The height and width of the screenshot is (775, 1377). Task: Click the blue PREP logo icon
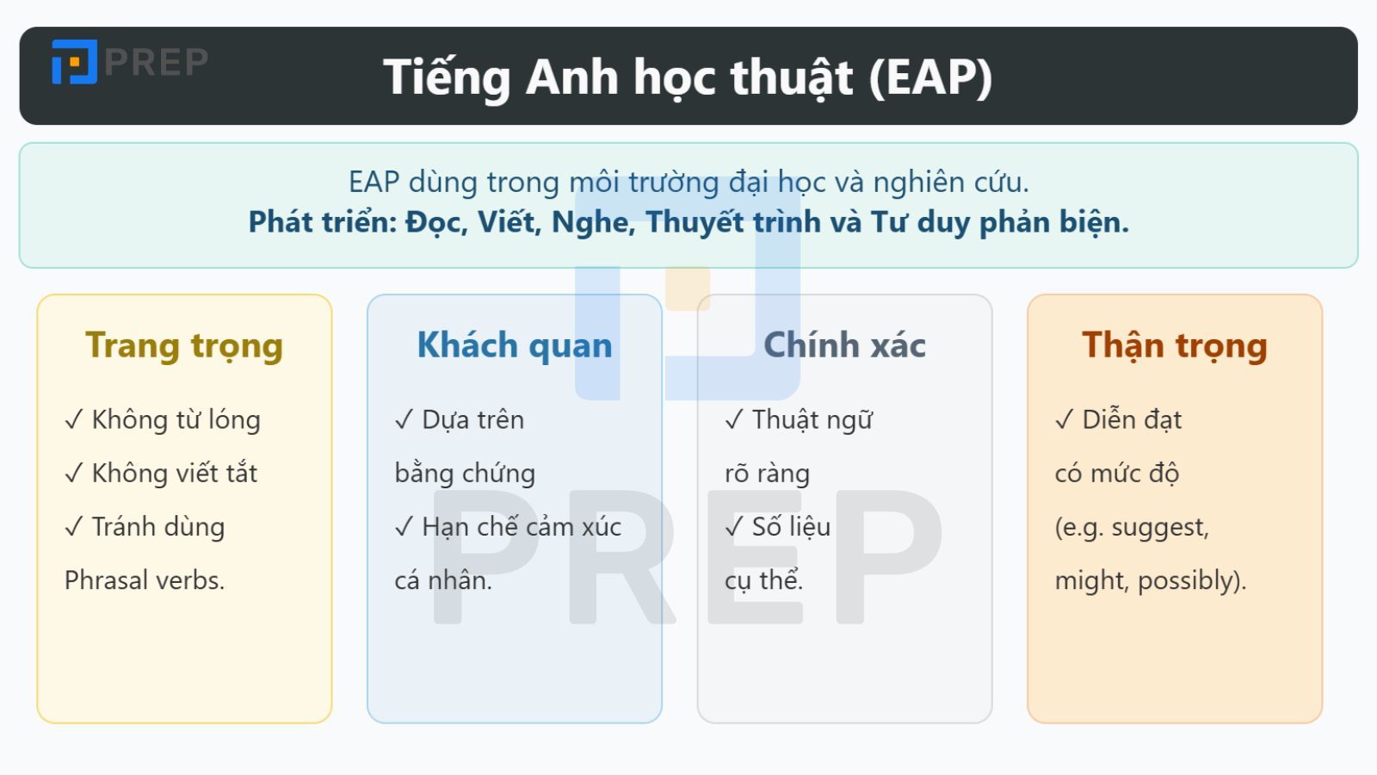(x=74, y=62)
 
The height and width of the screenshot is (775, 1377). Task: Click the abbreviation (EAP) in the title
(x=930, y=77)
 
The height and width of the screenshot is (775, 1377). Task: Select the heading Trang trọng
(x=184, y=345)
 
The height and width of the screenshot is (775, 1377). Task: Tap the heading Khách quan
(x=515, y=345)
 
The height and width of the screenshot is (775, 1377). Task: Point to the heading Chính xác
(x=844, y=345)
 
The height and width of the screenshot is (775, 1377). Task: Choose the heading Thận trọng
(x=1175, y=345)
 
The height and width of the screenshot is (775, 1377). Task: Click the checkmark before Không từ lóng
(x=74, y=420)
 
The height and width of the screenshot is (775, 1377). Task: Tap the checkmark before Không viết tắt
(x=74, y=474)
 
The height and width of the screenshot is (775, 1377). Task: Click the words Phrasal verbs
(x=145, y=580)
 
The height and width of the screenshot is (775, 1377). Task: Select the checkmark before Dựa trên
(x=404, y=420)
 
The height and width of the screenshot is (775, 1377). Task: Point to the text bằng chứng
(x=465, y=474)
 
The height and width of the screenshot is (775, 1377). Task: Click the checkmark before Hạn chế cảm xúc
(x=404, y=527)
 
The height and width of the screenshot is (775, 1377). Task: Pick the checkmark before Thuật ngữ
(x=734, y=420)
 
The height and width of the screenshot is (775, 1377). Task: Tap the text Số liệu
(x=791, y=527)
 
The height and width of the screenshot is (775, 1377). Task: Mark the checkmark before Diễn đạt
(x=1065, y=420)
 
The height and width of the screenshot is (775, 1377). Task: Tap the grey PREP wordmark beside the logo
(x=157, y=62)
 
